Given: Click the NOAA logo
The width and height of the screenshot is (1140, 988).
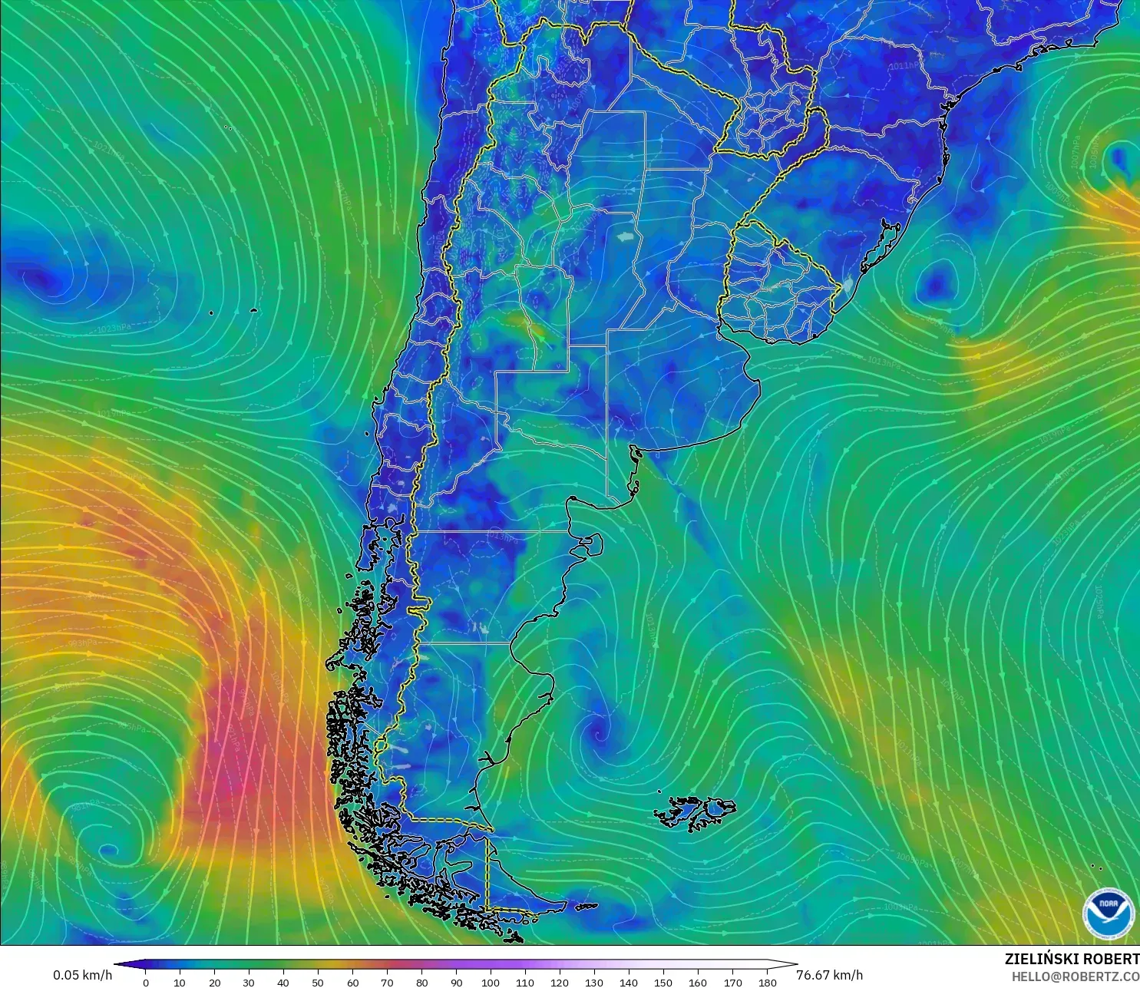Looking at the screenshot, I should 1109,913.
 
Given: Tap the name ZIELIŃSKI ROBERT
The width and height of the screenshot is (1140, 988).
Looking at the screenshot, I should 1072,959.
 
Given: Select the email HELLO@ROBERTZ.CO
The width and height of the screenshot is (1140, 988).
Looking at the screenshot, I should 1075,976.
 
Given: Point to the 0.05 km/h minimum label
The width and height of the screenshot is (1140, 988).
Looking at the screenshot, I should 82,975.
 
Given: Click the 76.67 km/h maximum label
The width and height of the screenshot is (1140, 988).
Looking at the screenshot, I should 829,975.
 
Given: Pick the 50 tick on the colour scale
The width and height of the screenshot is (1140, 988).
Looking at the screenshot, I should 318,982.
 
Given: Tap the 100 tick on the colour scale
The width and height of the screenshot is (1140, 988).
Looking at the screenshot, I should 490,982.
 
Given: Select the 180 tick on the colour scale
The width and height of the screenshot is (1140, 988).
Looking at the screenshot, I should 767,982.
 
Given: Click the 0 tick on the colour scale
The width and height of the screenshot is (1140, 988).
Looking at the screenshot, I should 146,982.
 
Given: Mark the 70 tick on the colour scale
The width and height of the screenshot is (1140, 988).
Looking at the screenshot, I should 387,982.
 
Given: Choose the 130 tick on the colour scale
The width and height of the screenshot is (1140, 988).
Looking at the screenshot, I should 593,982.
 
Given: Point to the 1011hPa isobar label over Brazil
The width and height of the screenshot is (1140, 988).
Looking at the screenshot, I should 904,66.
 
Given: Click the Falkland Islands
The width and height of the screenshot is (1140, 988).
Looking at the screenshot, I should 696,812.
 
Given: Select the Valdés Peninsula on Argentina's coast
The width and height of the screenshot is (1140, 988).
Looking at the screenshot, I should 590,544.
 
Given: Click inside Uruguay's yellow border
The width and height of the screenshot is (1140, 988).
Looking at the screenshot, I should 775,284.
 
